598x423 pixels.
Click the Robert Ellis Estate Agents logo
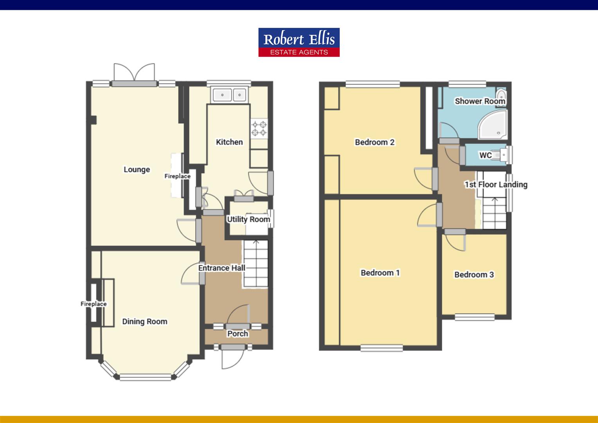coord(299,42)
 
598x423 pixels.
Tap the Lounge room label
coord(137,170)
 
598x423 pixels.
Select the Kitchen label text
coord(229,142)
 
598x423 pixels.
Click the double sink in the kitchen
coord(229,95)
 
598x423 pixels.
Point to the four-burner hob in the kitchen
coord(259,128)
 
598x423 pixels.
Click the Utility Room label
coord(249,219)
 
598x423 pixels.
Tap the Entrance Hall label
coord(222,268)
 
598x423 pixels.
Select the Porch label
coord(238,334)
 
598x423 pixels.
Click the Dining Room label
coord(144,322)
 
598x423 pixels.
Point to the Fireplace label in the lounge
coord(177,176)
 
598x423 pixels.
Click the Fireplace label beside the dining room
coord(94,304)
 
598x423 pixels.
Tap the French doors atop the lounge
coord(134,73)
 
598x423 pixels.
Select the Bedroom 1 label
coord(380,273)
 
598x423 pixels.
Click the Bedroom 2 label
coord(375,142)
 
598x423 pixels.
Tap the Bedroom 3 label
coord(474,275)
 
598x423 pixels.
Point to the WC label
coord(485,155)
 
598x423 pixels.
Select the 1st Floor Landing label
coord(496,184)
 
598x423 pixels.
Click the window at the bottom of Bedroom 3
coord(475,317)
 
